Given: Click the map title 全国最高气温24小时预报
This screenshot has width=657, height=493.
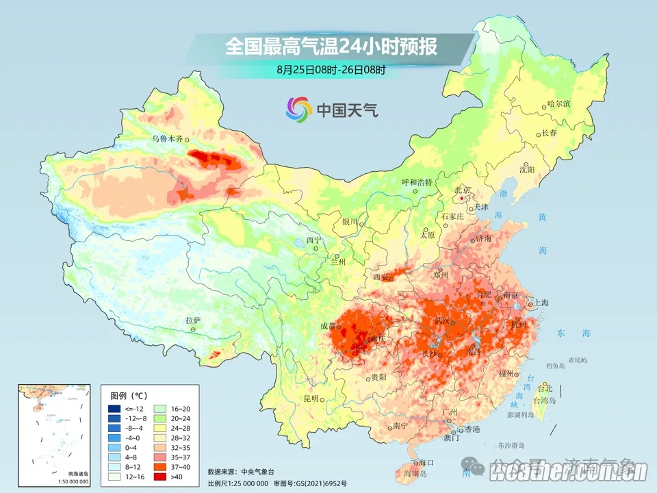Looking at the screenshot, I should (331, 47).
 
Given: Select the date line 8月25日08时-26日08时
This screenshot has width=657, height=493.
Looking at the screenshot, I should (331, 69).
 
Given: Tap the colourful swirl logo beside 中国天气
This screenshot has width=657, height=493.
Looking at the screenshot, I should (298, 108).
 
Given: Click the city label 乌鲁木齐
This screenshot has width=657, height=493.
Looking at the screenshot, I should (168, 138).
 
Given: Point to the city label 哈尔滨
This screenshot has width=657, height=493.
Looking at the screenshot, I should (558, 104).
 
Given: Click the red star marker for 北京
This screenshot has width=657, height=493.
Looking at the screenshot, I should (463, 199).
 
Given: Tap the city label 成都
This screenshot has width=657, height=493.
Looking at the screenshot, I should (328, 327).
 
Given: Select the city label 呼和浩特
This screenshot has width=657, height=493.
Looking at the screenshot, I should (417, 183).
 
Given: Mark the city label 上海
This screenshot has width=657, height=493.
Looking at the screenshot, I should (541, 303).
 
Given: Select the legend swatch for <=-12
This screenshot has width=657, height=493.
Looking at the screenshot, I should (114, 409).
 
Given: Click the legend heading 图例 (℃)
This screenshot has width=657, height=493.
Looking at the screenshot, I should (130, 395).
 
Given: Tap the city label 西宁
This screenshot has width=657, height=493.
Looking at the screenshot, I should (314, 240).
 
